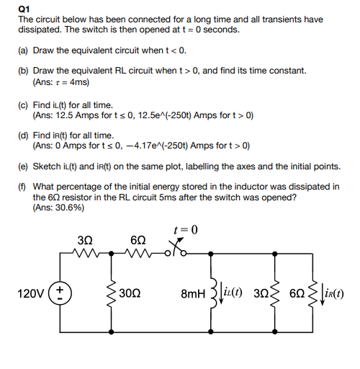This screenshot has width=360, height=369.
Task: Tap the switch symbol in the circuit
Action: click(x=180, y=252)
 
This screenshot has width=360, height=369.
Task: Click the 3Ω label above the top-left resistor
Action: click(x=83, y=239)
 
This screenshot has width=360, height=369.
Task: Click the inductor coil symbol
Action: click(x=214, y=293)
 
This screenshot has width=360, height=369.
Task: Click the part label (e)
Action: click(x=24, y=166)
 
